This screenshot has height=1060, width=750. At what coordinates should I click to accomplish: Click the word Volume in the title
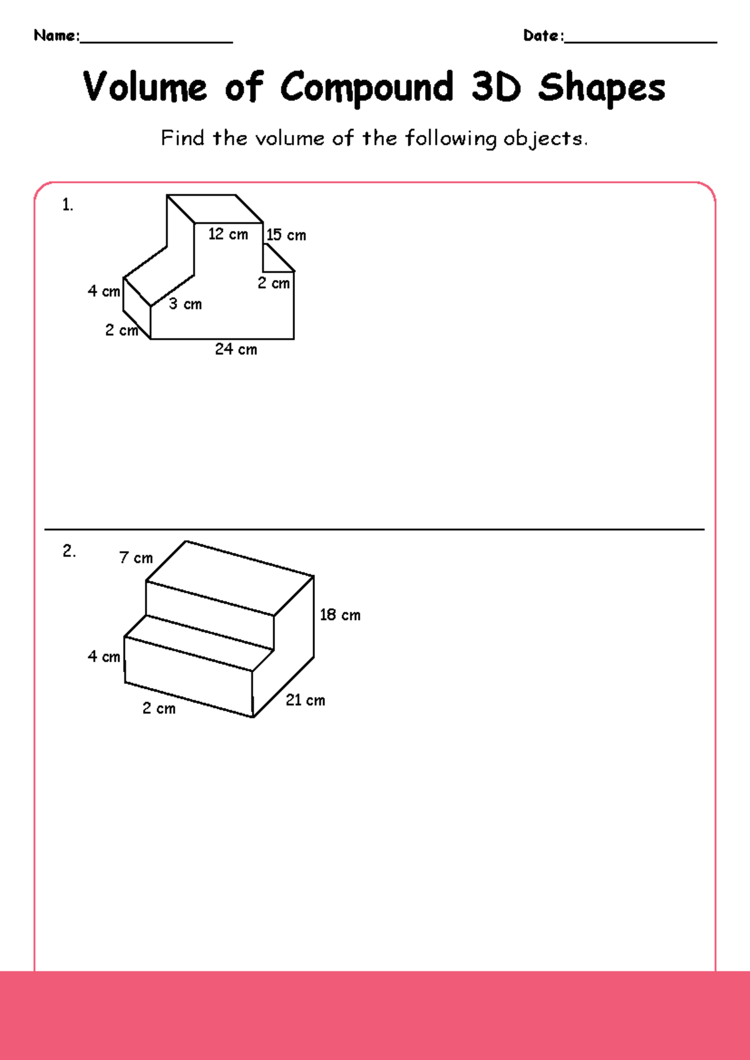tap(144, 87)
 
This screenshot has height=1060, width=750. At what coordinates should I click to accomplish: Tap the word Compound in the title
tap(366, 88)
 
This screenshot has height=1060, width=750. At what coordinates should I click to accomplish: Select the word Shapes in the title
tap(601, 88)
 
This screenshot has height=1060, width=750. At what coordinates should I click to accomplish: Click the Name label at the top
tap(56, 36)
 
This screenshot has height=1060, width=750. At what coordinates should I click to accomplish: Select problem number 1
tap(67, 205)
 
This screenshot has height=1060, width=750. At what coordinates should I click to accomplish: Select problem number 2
tap(69, 551)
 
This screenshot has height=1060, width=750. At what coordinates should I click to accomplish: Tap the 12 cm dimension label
tap(228, 234)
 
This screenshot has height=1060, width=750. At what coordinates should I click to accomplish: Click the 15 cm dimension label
tap(286, 236)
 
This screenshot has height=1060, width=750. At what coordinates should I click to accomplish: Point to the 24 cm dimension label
tap(236, 349)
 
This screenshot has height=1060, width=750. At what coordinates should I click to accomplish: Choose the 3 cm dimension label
tap(185, 304)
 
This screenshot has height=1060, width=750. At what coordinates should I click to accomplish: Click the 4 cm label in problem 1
tap(104, 291)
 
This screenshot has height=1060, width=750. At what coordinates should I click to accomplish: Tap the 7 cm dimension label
tap(136, 557)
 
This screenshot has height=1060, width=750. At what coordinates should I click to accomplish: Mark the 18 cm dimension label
tap(340, 615)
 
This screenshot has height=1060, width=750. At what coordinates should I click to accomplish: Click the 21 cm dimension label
tap(305, 701)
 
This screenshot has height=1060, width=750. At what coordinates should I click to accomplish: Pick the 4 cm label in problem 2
tap(104, 657)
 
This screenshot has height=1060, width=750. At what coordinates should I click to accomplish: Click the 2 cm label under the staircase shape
tap(159, 709)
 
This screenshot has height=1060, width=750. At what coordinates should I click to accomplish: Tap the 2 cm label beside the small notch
tap(274, 283)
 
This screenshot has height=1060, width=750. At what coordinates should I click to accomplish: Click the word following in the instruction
tap(450, 138)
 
